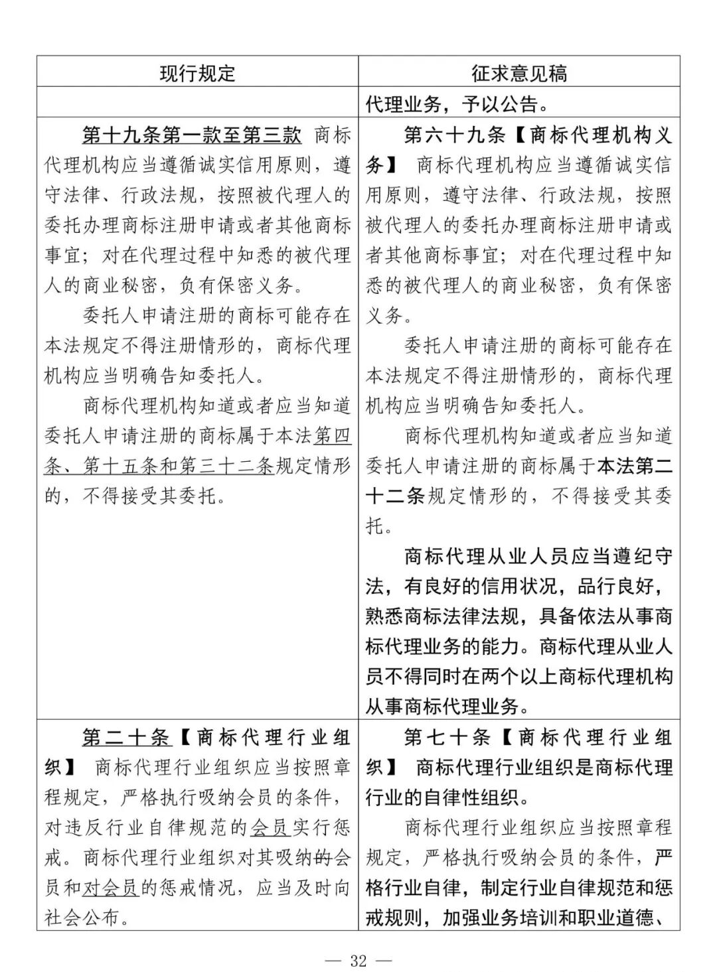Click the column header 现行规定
[197, 72]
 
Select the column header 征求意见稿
[519, 72]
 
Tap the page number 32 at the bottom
[358, 960]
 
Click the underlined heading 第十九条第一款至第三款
[192, 135]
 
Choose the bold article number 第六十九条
[455, 135]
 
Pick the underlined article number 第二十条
[126, 737]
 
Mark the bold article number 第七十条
[447, 737]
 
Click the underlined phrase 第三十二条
[226, 466]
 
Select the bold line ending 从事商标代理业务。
[448, 707]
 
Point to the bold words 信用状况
[520, 587]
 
